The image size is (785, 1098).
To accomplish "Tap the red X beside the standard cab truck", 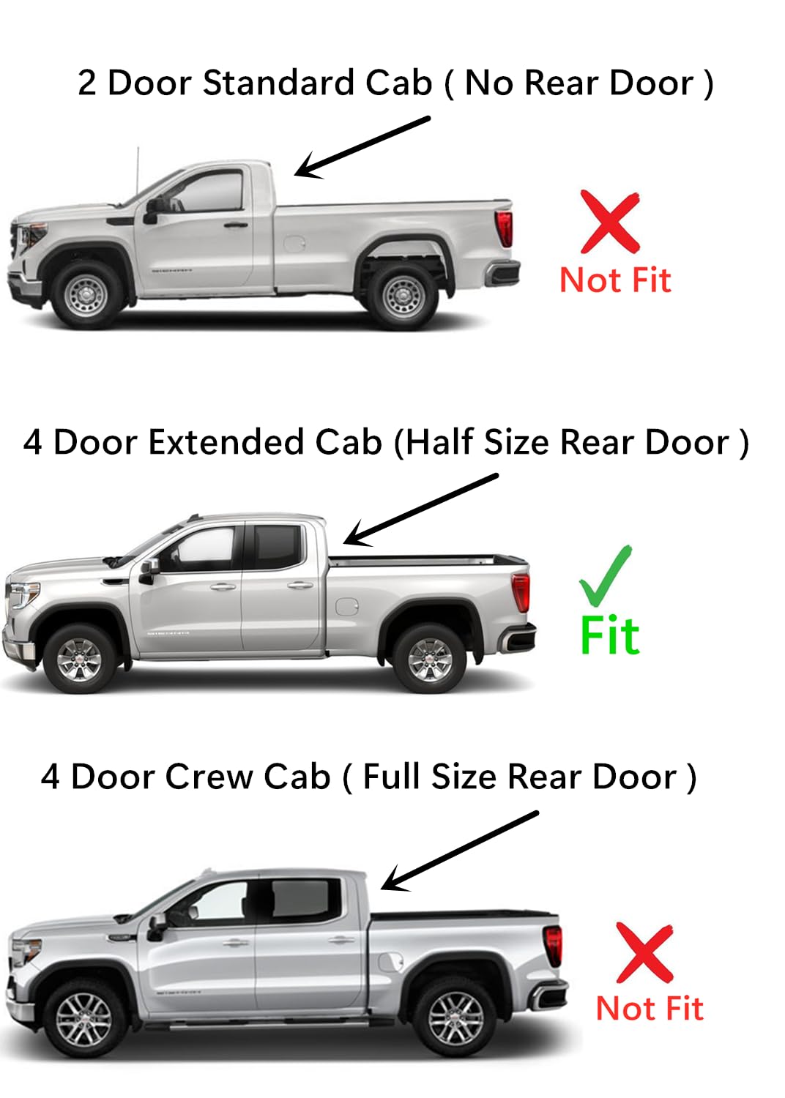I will tap(609, 221).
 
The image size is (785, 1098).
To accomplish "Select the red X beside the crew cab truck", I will tap(644, 952).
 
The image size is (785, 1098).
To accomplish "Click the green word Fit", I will tap(609, 635).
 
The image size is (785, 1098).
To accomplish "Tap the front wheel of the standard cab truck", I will tap(86, 295).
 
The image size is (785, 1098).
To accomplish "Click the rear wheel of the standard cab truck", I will tap(402, 296).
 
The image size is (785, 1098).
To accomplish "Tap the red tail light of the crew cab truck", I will tap(554, 945).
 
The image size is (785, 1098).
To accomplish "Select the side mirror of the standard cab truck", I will tap(152, 211).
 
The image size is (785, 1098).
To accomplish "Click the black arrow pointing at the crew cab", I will tap(460, 850).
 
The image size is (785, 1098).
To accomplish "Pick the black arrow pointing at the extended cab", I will tap(421, 509).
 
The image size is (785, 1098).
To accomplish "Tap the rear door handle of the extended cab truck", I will tap(300, 585).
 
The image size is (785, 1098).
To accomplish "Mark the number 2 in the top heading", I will tap(86, 83).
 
